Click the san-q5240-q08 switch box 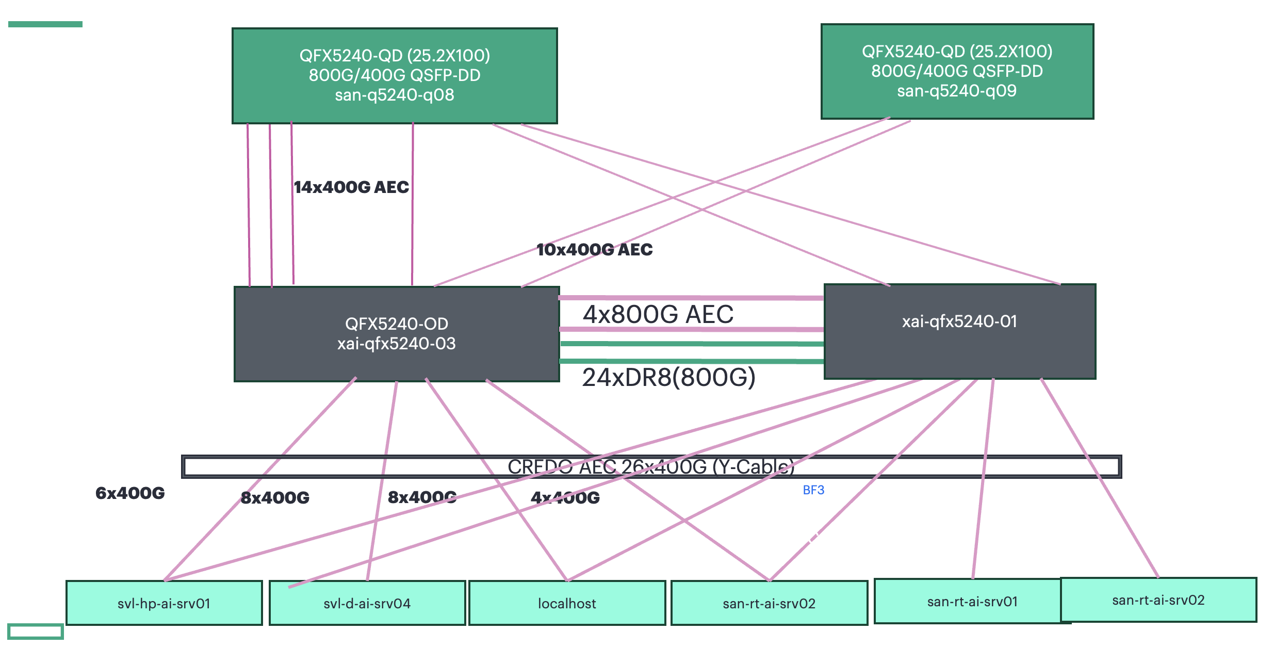395,75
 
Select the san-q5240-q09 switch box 957,71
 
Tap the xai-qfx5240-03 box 396,334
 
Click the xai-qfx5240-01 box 959,331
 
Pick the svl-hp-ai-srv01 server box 164,603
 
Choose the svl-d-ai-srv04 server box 367,603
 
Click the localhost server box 567,603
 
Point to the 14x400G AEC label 351,187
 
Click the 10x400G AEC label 594,250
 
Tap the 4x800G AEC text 658,314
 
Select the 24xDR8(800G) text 668,377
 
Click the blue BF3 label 813,490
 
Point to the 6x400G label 130,493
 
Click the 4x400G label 565,497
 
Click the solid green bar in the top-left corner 45,24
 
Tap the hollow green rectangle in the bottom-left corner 36,632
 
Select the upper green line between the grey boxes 691,344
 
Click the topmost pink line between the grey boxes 691,298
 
